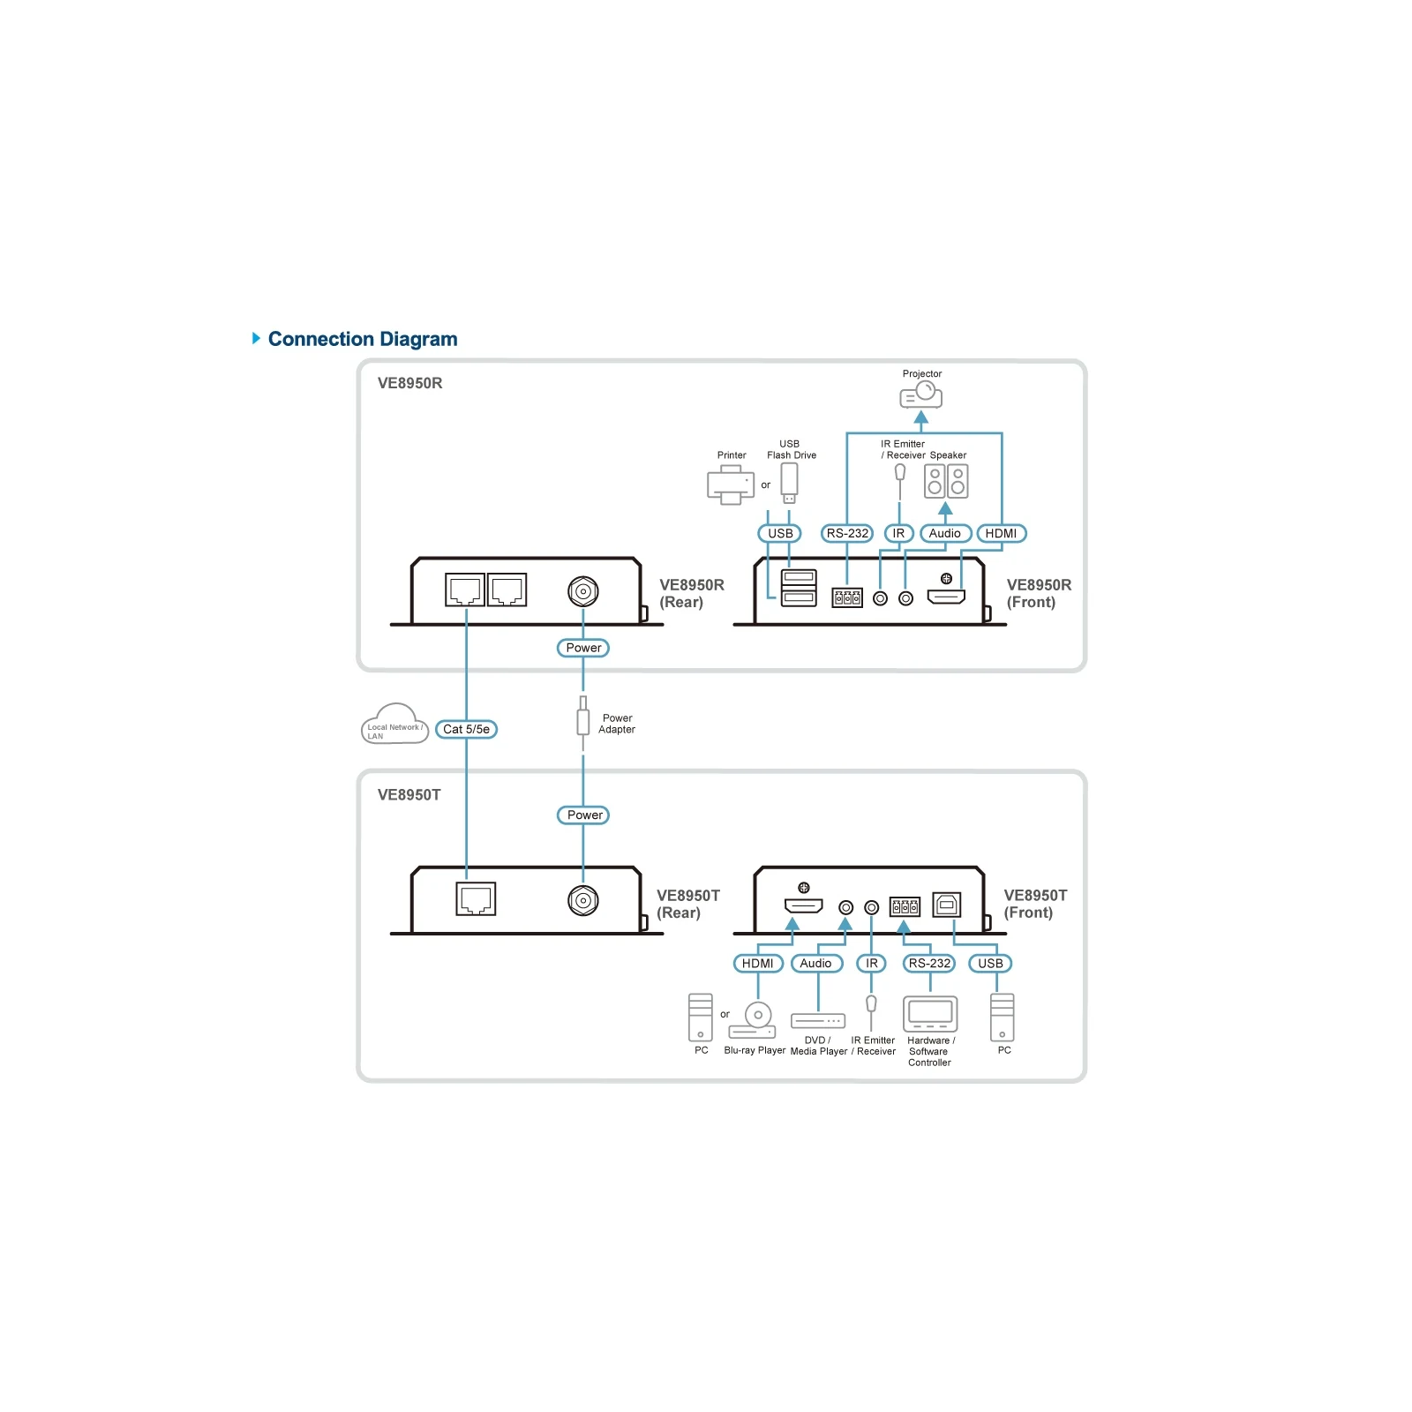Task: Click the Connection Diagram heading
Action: tap(363, 339)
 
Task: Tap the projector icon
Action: tap(921, 394)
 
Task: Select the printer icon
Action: tap(731, 484)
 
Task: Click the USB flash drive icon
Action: tap(789, 483)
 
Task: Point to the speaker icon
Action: tap(946, 482)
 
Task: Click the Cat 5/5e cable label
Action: tap(466, 730)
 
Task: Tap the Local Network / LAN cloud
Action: tap(394, 725)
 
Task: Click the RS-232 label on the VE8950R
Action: tap(847, 534)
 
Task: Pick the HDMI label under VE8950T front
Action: tap(758, 964)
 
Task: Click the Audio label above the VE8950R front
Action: tap(945, 534)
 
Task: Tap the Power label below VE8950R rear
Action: tap(583, 648)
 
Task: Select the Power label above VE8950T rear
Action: tap(583, 815)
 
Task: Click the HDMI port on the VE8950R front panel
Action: tap(946, 597)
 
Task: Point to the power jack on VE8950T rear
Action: tap(582, 900)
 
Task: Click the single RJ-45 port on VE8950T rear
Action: tap(476, 899)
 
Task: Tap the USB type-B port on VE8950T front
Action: tap(946, 905)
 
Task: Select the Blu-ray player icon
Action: tap(753, 1021)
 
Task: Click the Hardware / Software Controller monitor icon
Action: tap(930, 1013)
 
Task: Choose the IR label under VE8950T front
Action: tap(872, 964)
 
